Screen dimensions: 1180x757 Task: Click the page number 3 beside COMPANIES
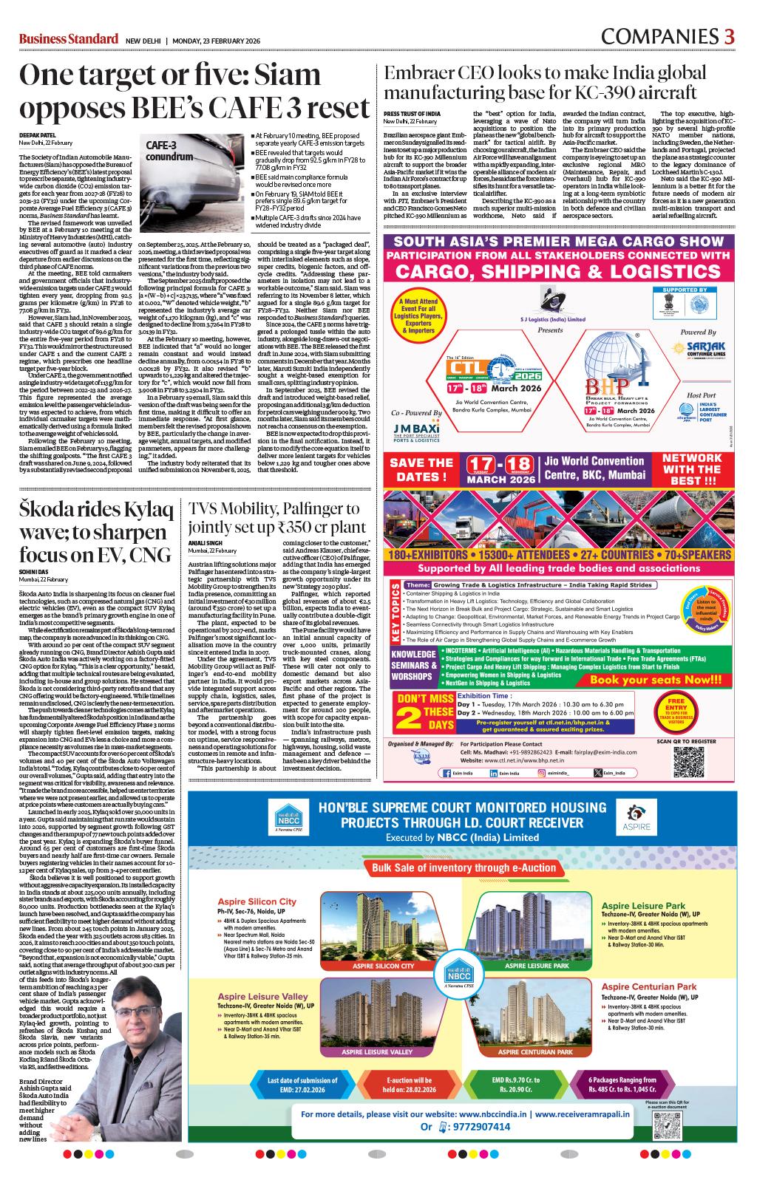click(729, 36)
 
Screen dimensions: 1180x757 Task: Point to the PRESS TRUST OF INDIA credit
click(412, 113)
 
